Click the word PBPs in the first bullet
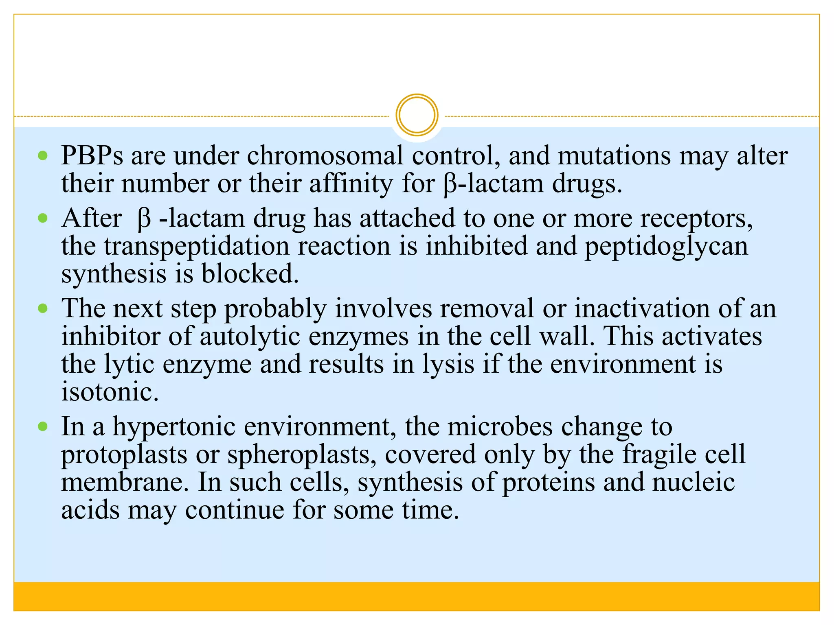point(92,156)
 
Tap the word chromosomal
point(325,156)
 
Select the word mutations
point(614,156)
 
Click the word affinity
point(351,184)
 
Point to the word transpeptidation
point(196,246)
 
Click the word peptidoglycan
point(666,246)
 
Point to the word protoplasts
point(124,455)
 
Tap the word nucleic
point(694,482)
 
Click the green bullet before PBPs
point(43,155)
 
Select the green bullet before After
point(43,219)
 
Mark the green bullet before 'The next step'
point(43,308)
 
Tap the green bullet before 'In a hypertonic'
point(43,427)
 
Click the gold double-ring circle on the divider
point(417,115)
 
